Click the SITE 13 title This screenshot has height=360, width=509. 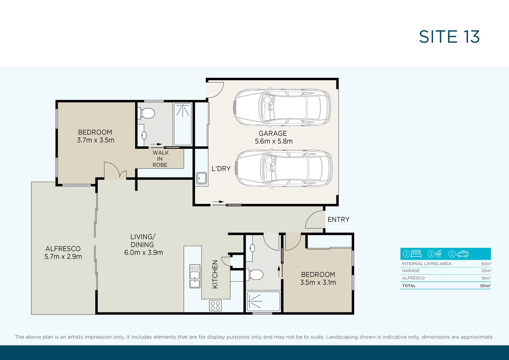449,37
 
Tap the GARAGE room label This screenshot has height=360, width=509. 273,133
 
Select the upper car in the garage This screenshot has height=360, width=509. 282,107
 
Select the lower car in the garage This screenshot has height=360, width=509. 283,169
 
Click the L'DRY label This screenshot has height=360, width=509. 221,169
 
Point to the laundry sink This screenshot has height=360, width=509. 202,178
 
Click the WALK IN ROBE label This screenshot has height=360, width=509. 160,159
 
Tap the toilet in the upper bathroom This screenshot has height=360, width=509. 147,113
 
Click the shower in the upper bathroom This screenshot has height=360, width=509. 183,124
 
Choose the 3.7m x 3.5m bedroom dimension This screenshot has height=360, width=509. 96,140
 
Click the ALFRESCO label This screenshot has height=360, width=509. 63,249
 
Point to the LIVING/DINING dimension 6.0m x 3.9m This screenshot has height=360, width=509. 144,253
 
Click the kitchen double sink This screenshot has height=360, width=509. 195,276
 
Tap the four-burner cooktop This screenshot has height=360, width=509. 215,306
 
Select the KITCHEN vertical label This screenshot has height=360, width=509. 215,274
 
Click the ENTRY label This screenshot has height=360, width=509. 338,220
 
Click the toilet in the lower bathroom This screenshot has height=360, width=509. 256,274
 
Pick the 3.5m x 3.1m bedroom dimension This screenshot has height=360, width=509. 318,283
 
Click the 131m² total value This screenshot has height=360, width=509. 485,286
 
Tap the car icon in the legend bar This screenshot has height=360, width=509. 463,254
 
